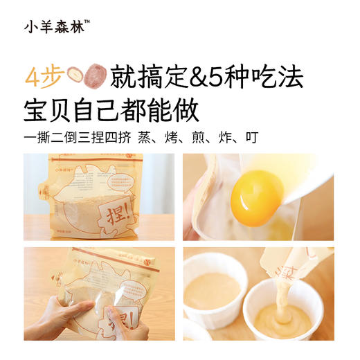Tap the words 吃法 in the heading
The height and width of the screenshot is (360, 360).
[x=280, y=76]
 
